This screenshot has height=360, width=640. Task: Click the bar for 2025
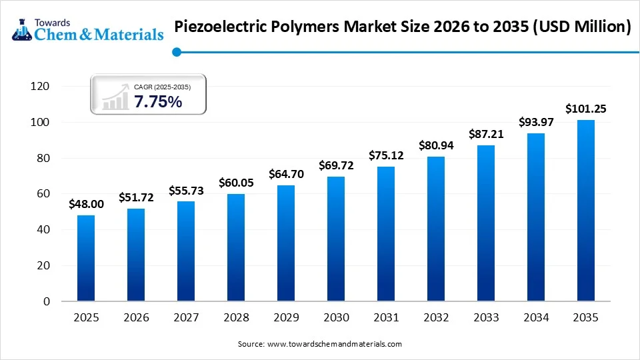click(x=85, y=258)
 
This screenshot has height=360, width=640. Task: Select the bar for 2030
click(x=335, y=239)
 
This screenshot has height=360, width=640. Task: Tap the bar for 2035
click(x=585, y=211)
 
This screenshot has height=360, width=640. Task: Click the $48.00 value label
click(x=85, y=205)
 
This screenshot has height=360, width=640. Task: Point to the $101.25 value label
click(x=585, y=109)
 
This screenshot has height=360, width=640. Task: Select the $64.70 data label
click(x=285, y=174)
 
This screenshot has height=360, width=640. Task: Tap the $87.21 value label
click(x=485, y=134)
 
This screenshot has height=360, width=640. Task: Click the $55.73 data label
click(x=185, y=191)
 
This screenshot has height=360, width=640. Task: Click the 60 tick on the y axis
click(x=43, y=194)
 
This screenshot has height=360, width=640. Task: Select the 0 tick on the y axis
click(x=45, y=301)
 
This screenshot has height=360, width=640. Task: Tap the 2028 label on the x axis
click(x=235, y=319)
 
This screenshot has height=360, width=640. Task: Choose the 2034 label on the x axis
click(x=535, y=319)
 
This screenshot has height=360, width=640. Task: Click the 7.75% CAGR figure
click(x=158, y=102)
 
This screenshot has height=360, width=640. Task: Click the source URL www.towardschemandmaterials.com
click(x=334, y=344)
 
